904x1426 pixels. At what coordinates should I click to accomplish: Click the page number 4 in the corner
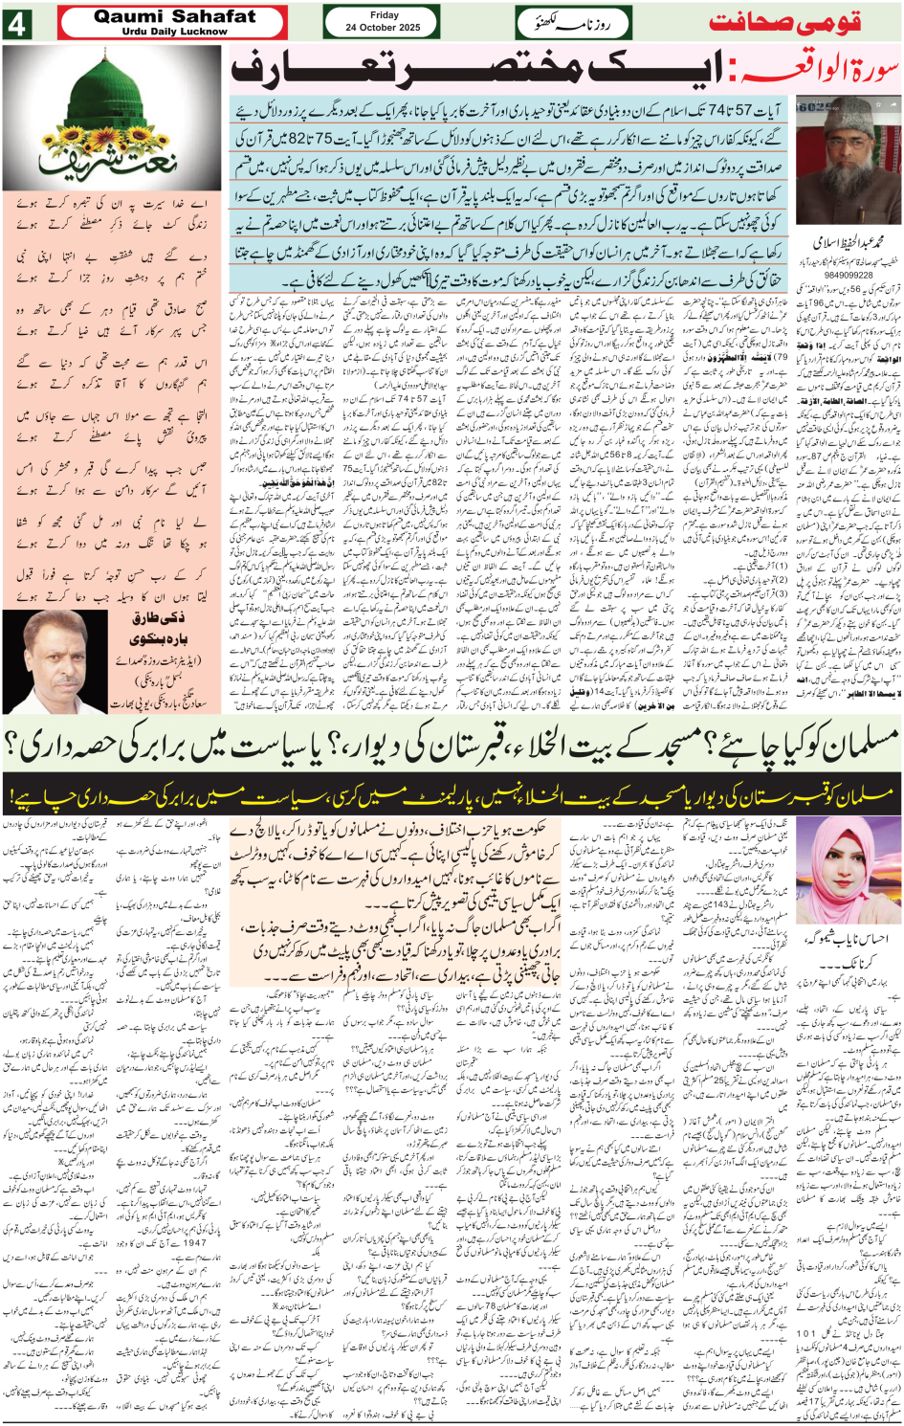click(x=16, y=24)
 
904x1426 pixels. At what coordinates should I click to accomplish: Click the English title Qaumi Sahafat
click(x=174, y=16)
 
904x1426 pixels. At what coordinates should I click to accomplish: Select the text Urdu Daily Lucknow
click(x=174, y=32)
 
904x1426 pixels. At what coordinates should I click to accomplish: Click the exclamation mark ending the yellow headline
click(x=13, y=796)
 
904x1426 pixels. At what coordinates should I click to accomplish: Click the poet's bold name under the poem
click(x=161, y=627)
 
